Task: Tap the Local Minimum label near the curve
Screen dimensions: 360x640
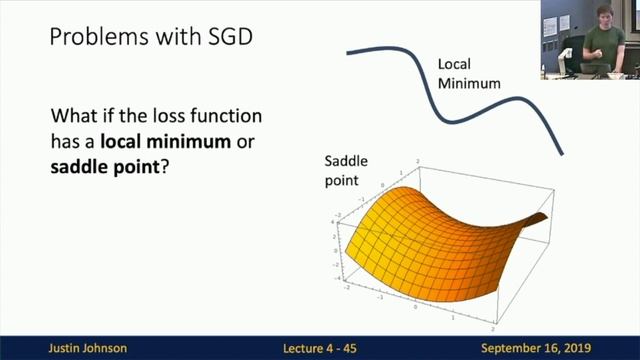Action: click(468, 75)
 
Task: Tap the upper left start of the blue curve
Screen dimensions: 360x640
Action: click(349, 50)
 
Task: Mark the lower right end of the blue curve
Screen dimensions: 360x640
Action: click(561, 153)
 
